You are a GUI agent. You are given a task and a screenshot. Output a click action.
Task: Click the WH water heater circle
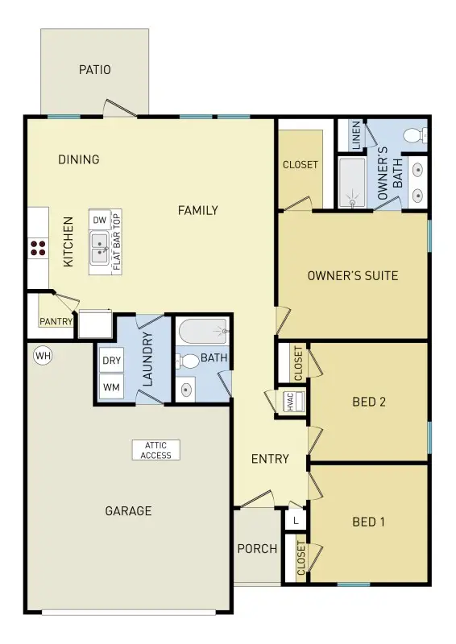[x=42, y=354]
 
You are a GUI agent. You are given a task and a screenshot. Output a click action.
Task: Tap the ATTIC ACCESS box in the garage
[x=156, y=450]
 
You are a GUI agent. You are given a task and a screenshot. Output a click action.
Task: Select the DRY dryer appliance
[x=111, y=360]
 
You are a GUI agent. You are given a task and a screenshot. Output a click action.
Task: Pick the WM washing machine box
[x=111, y=388]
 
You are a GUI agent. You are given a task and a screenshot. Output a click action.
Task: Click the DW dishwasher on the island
[x=99, y=221]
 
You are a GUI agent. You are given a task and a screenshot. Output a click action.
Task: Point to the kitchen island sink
[x=100, y=246]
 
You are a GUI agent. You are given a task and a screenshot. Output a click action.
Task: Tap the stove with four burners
[x=37, y=248]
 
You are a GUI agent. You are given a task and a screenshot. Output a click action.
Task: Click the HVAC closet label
[x=292, y=402]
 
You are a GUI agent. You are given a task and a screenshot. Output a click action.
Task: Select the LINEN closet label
[x=355, y=135]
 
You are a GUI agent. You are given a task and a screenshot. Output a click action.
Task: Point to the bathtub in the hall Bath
[x=205, y=331]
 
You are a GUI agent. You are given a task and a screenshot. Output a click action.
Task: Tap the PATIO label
[x=95, y=70]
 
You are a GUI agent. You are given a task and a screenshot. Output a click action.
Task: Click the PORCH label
[x=257, y=549]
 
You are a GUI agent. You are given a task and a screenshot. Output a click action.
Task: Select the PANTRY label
[x=56, y=321]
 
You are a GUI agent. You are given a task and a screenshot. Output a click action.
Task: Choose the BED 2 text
[x=369, y=402]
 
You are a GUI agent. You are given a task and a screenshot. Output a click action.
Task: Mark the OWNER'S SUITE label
[x=353, y=276]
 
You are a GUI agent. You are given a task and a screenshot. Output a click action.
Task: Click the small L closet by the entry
[x=296, y=521]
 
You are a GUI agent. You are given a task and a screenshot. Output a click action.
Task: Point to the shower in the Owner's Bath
[x=351, y=183]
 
